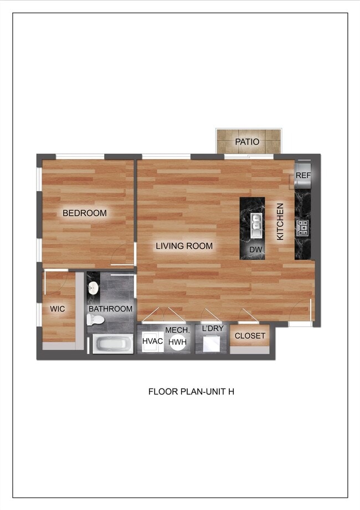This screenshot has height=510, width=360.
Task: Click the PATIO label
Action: pos(247,142)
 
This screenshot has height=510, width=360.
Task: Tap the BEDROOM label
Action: pos(84,213)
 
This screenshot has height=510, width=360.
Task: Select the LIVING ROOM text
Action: pos(184,246)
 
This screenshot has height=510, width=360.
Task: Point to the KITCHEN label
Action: pos(280,222)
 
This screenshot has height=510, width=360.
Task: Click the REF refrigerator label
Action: pos(303,175)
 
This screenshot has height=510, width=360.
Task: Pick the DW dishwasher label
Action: pos(255,250)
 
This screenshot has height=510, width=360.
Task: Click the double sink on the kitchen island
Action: pos(256,222)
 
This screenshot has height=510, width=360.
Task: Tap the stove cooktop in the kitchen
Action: pos(303,227)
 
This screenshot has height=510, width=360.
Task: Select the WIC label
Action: pos(58,309)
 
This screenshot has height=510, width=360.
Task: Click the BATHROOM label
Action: pos(111,309)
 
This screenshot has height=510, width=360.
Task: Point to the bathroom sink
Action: pos(94,288)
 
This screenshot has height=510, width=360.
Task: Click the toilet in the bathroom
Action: pos(96,320)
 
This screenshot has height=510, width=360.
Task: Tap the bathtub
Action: pos(113,344)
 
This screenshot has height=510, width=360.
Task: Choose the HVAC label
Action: pos(152,341)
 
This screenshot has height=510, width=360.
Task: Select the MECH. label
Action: pos(177,330)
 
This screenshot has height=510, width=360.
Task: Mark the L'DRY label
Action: pos(213,329)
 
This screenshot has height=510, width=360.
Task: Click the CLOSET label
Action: pos(250,336)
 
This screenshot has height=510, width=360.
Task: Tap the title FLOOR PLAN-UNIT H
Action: pos(191,391)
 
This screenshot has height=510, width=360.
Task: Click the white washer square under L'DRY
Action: pos(211,344)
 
